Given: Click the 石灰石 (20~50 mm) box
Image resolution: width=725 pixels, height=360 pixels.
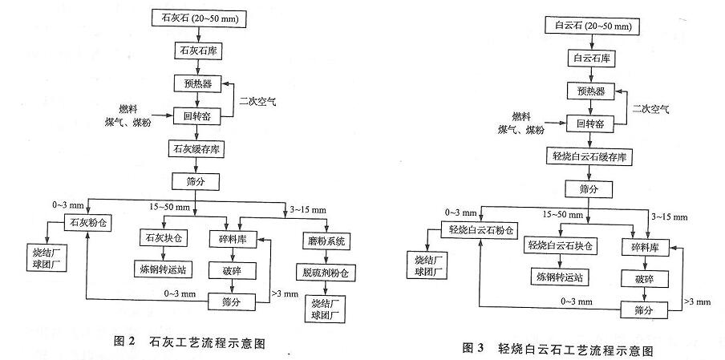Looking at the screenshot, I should [196, 17].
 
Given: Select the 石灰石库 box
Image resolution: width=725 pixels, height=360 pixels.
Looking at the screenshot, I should [196, 50].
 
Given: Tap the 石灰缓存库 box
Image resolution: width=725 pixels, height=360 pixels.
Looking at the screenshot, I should [196, 148].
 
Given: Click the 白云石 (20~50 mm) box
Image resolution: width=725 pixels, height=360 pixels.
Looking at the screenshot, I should [592, 26].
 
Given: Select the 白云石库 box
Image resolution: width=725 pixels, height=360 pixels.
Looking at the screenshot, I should [592, 58].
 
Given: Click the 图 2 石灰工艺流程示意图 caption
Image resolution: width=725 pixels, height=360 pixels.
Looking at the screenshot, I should [189, 342].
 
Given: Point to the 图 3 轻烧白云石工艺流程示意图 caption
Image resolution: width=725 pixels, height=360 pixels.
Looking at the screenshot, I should [560, 350].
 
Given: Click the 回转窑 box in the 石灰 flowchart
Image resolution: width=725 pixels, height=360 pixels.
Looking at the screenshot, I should [196, 115].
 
